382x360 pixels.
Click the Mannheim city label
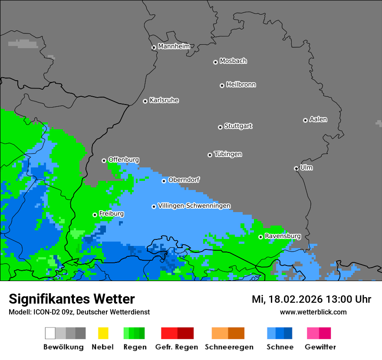click(174, 46)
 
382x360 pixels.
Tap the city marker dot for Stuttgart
click(220, 127)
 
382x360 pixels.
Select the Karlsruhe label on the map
click(164, 100)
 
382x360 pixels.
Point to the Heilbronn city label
click(240, 85)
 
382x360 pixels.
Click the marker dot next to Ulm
click(296, 168)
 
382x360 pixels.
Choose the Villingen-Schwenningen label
click(194, 206)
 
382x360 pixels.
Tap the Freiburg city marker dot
click(95, 215)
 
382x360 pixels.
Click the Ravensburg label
click(283, 236)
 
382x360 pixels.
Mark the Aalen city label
click(318, 119)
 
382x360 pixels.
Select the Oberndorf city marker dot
click(164, 181)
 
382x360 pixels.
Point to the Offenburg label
click(123, 160)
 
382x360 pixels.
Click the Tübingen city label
click(228, 154)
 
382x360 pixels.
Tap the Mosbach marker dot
click(215, 62)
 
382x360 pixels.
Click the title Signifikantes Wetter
click(72, 299)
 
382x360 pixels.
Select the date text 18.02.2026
click(290, 299)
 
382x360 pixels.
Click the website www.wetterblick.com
click(313, 312)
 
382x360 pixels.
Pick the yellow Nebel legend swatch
click(103, 333)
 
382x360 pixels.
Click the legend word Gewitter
click(320, 347)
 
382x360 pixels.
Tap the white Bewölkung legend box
click(50, 333)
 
